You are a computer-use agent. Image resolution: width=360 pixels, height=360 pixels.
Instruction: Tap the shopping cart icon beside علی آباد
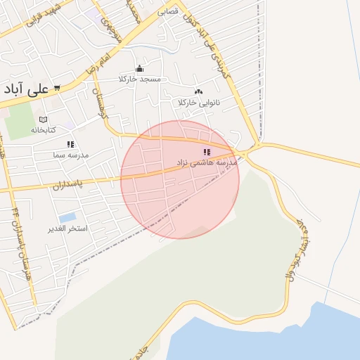[56, 88]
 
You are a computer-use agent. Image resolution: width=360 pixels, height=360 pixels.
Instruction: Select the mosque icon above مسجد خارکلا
[139, 69]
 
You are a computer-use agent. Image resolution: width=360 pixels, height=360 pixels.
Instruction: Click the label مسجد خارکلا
[140, 79]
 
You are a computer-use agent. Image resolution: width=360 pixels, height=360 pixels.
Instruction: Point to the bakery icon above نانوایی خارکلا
[198, 91]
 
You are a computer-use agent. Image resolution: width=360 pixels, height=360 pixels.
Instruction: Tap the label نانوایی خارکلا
[199, 103]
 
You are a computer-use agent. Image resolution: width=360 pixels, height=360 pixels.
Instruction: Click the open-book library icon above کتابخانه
[43, 120]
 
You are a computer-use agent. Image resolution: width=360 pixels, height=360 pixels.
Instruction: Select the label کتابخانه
[42, 130]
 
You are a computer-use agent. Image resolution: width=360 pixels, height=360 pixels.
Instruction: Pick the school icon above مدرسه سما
[70, 144]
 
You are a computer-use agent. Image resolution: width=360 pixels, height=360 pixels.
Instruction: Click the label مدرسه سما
[70, 154]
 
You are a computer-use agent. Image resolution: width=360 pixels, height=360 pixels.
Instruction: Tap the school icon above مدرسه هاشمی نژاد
[207, 152]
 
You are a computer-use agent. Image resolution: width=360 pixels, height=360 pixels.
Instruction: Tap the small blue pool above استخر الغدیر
[67, 217]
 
